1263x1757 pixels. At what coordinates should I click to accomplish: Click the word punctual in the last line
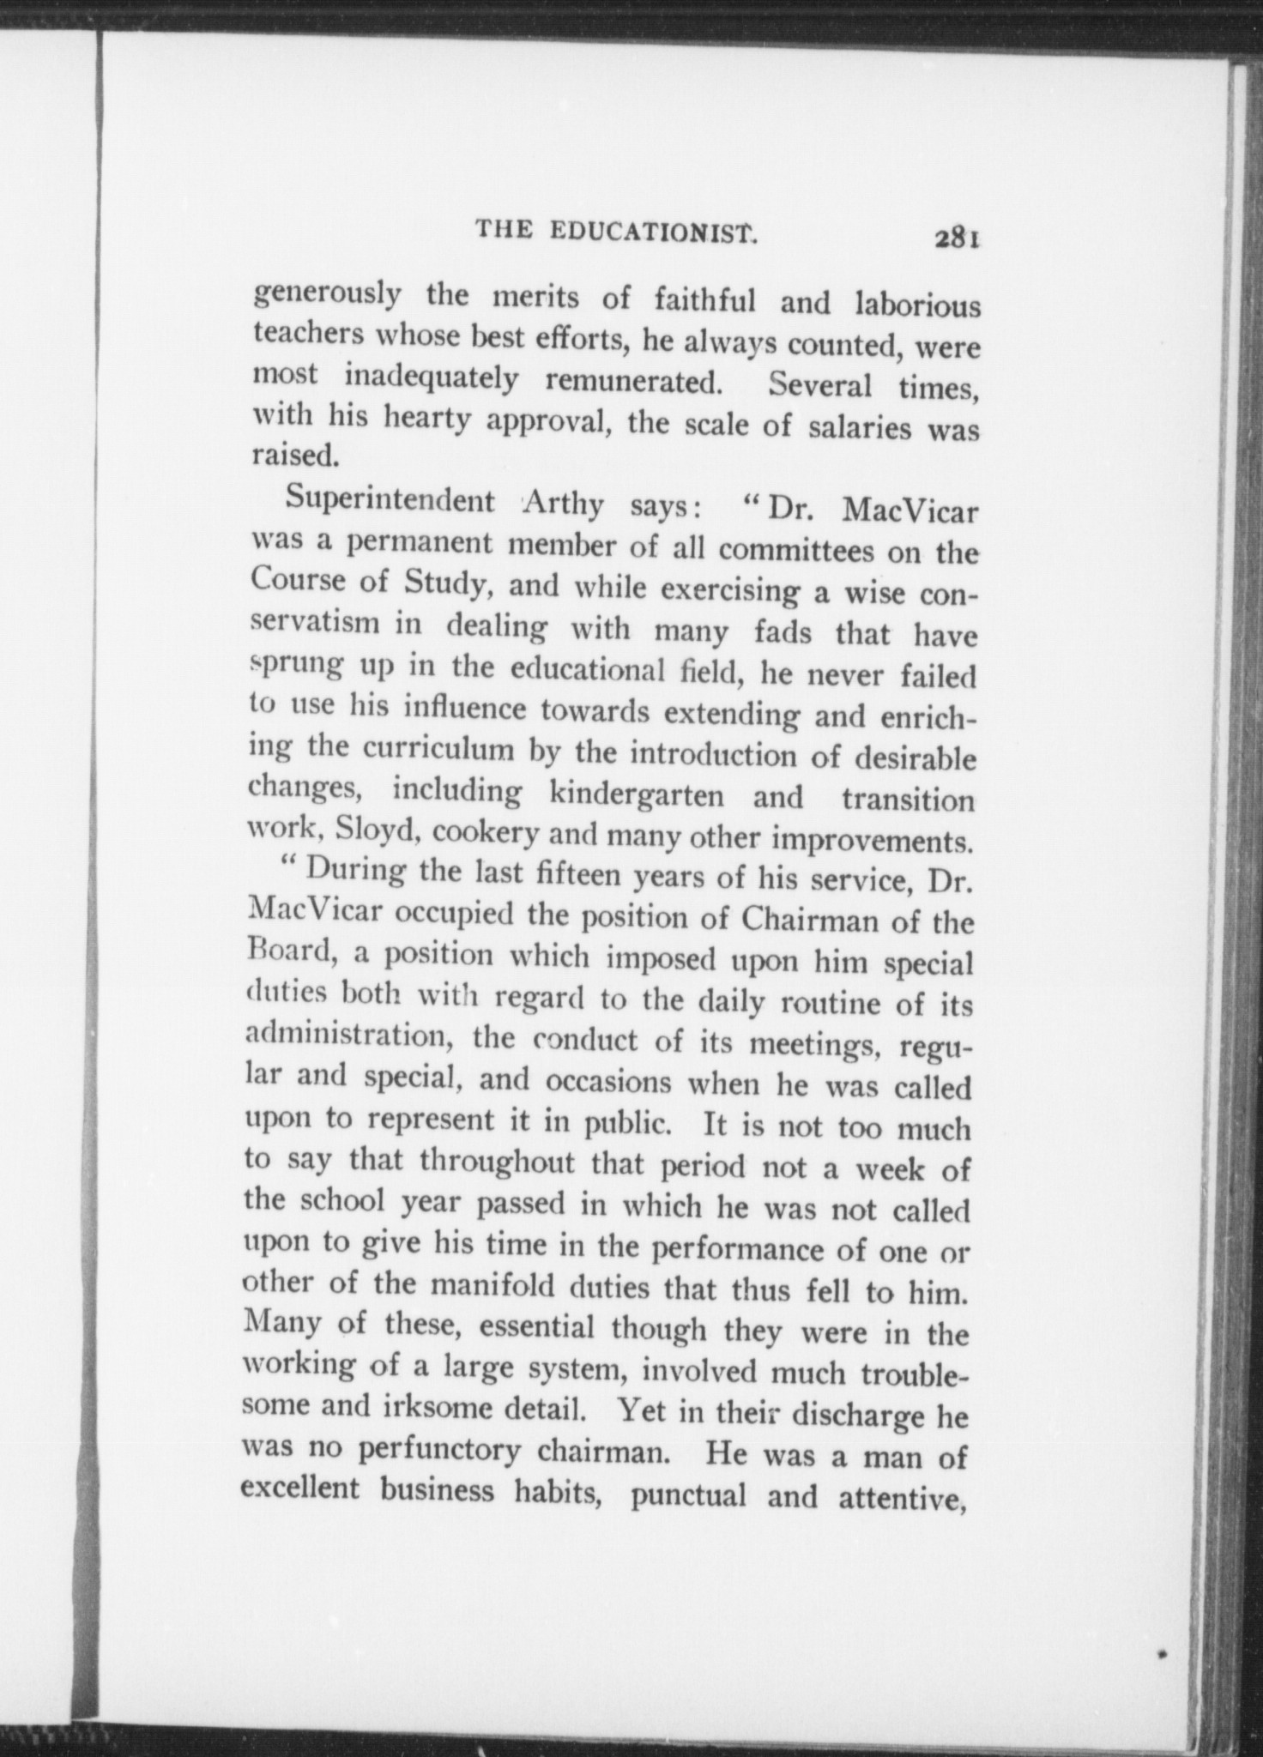(x=687, y=1497)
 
